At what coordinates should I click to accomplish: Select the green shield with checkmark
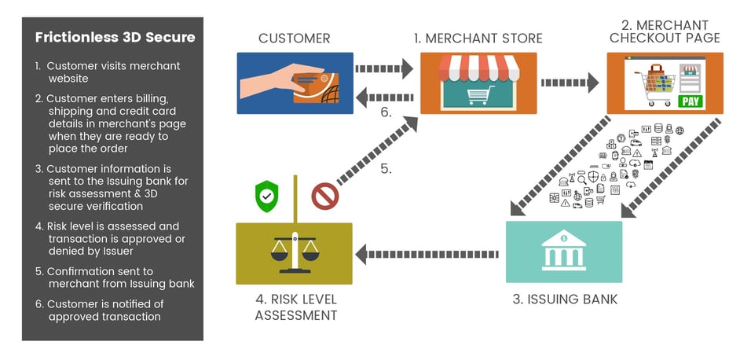coord(268,194)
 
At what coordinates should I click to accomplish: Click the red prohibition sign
coord(324,196)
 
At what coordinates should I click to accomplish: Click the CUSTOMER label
coord(295,38)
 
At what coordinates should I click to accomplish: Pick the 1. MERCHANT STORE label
coord(478,38)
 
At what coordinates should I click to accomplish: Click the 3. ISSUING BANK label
coord(564,299)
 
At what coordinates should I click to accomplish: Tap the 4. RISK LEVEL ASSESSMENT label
coord(295,307)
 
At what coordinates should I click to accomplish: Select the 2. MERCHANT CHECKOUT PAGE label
coord(663,31)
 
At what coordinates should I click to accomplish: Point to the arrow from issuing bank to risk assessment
coord(428,253)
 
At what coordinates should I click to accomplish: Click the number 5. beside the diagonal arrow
coord(386,168)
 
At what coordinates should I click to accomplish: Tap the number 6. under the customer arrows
coord(386,112)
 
